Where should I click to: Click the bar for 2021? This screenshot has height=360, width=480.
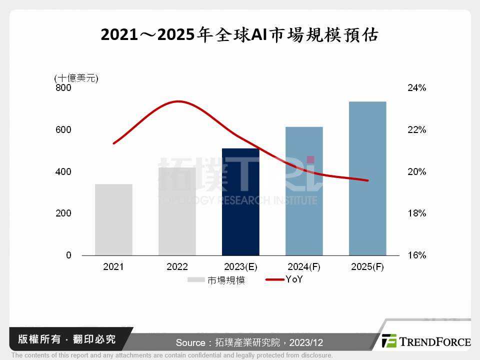[113, 219]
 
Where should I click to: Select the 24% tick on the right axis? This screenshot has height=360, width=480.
[416, 88]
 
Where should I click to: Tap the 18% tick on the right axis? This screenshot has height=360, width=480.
[416, 213]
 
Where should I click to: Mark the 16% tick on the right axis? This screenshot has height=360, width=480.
[416, 255]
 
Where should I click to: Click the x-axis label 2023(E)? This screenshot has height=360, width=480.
[240, 267]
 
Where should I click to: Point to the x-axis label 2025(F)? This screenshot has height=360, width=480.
[367, 267]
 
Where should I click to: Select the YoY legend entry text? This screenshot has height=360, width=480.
[294, 279]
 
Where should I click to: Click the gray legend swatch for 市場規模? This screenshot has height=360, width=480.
[196, 280]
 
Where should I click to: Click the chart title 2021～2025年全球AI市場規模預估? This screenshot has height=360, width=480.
[239, 35]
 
